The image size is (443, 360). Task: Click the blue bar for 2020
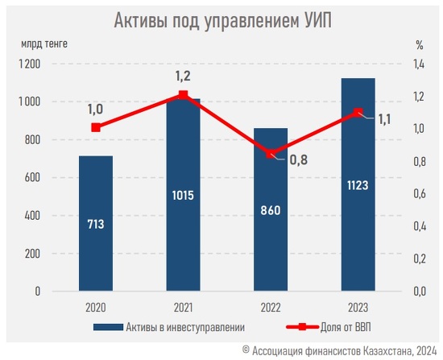[x=96, y=223]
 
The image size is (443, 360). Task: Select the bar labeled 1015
[x=183, y=195]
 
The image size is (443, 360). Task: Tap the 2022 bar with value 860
[x=271, y=209]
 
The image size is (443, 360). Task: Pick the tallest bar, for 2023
[x=358, y=184]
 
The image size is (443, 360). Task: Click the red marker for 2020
[x=96, y=128]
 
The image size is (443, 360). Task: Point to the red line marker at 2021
[x=183, y=95]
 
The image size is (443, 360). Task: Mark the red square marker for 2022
[x=271, y=155]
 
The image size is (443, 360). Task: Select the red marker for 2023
[x=358, y=113]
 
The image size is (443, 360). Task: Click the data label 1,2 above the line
[x=183, y=76]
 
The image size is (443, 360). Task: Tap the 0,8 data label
[x=299, y=160]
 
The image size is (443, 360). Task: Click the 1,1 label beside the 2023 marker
[x=384, y=119]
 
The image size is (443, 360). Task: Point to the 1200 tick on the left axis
[x=29, y=64]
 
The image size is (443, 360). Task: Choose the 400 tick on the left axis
[x=32, y=216]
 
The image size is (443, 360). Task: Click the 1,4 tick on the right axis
[x=419, y=64]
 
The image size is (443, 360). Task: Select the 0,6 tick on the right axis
[x=420, y=194]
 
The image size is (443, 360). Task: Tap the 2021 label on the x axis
[x=183, y=308]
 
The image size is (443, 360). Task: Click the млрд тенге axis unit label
[x=44, y=43]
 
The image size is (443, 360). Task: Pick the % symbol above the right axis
[x=420, y=44]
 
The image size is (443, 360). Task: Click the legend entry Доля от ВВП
[x=329, y=327]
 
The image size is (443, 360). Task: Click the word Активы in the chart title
[x=140, y=20]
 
